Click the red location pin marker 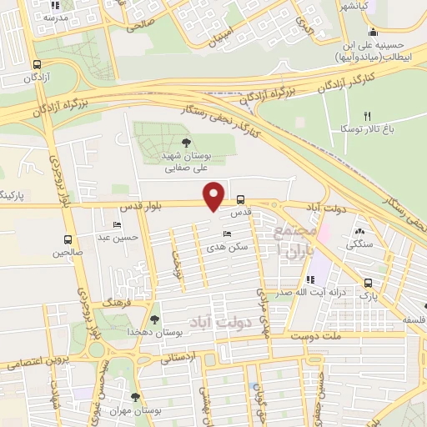click(214, 195)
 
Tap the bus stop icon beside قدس click(240, 200)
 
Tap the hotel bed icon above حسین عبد click(117, 225)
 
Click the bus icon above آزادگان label click(36, 64)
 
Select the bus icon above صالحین click(62, 239)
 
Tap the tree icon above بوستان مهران click(136, 396)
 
